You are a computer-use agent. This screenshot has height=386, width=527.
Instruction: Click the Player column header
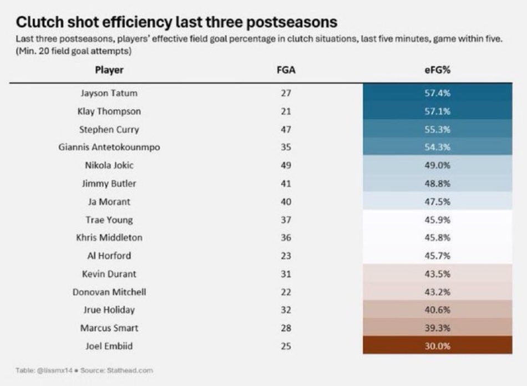[109, 70]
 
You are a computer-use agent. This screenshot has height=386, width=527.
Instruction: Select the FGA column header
[286, 70]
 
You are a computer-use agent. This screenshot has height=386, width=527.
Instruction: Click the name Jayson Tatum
[109, 93]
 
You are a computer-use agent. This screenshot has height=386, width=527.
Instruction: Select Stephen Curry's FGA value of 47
[286, 129]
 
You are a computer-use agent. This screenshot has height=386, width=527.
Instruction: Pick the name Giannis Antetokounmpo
[109, 148]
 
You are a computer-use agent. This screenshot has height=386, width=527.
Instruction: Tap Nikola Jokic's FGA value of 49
[286, 165]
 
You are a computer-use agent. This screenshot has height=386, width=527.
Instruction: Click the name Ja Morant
[109, 202]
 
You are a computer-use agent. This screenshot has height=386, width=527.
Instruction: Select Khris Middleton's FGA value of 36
[286, 238]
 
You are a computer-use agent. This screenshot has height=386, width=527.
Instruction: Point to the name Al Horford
[109, 256]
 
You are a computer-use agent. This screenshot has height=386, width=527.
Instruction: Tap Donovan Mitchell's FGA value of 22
[286, 292]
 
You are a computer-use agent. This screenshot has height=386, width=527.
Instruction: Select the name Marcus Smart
[109, 328]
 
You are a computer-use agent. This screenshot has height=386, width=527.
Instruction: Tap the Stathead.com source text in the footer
[134, 370]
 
